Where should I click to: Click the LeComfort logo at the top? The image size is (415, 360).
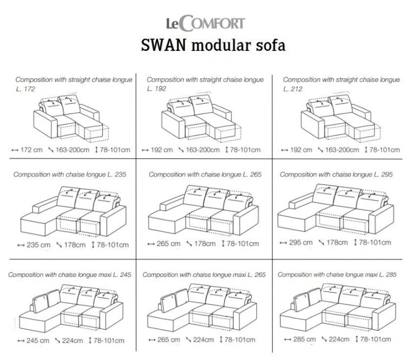click(205, 23)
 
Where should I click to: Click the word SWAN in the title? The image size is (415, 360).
click(163, 45)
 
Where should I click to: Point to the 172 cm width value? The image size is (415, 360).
click(31, 150)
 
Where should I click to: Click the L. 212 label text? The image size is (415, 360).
click(292, 89)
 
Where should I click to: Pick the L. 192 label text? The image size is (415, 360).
click(156, 89)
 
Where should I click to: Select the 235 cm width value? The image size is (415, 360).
click(38, 245)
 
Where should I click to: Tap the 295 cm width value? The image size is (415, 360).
click(300, 243)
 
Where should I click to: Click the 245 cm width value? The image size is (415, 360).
click(38, 341)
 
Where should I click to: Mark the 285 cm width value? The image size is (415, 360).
click(304, 339)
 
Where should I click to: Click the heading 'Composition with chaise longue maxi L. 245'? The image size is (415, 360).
click(70, 275)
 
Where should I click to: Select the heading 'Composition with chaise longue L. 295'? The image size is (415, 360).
click(336, 175)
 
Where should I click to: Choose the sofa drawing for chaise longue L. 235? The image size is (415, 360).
click(73, 212)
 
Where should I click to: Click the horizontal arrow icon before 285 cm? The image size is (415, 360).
click(287, 339)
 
